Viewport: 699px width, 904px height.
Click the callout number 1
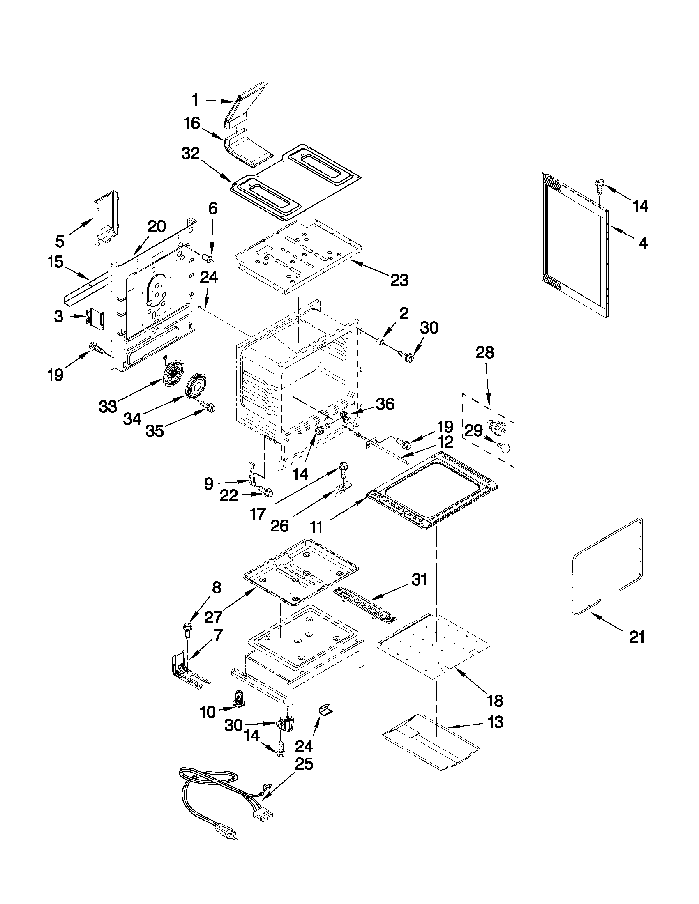coord(195,100)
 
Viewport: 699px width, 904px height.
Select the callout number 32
coord(191,154)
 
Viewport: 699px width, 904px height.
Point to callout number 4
coord(642,244)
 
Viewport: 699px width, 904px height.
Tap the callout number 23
coord(399,280)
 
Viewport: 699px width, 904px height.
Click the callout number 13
coord(495,722)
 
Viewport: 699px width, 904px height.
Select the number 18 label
coord(495,701)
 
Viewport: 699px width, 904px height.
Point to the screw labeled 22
coord(267,492)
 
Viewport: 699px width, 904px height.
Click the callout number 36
coord(385,404)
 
